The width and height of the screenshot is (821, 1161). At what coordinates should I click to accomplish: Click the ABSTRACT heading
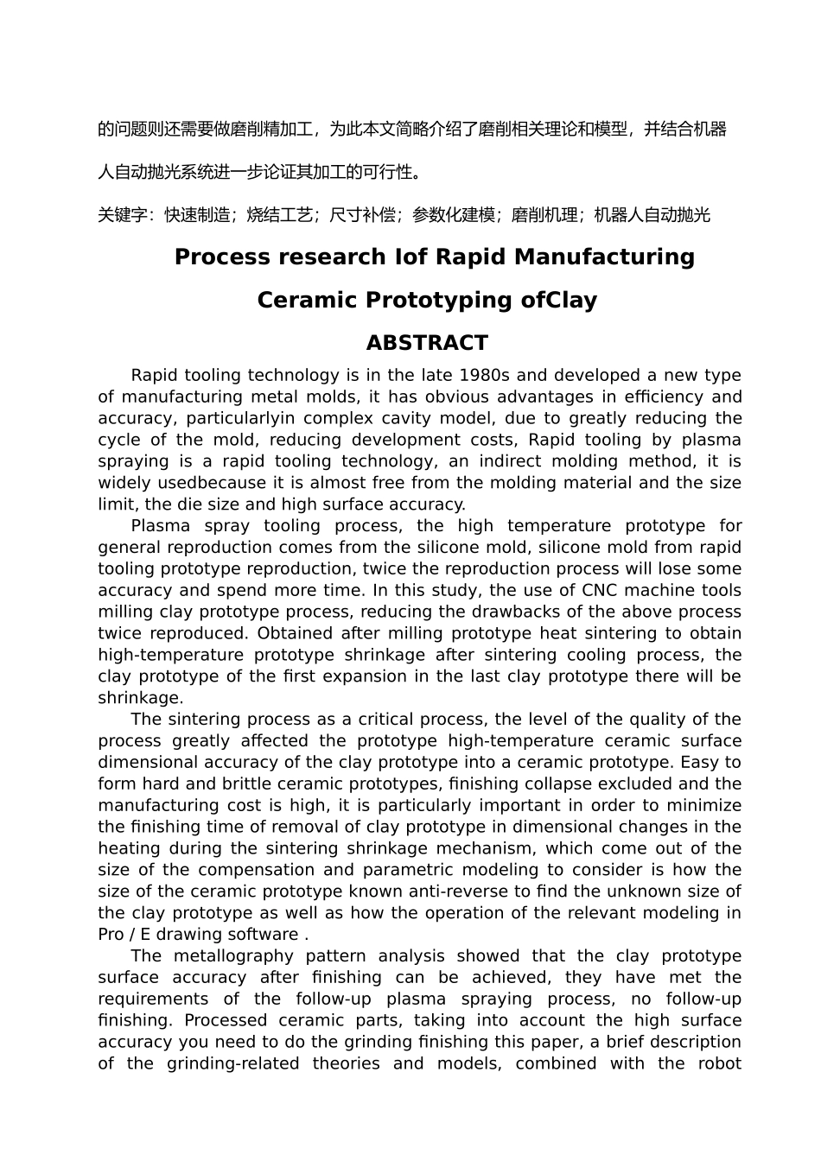pos(427,343)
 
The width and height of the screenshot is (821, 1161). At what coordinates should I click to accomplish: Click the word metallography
pos(239,955)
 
